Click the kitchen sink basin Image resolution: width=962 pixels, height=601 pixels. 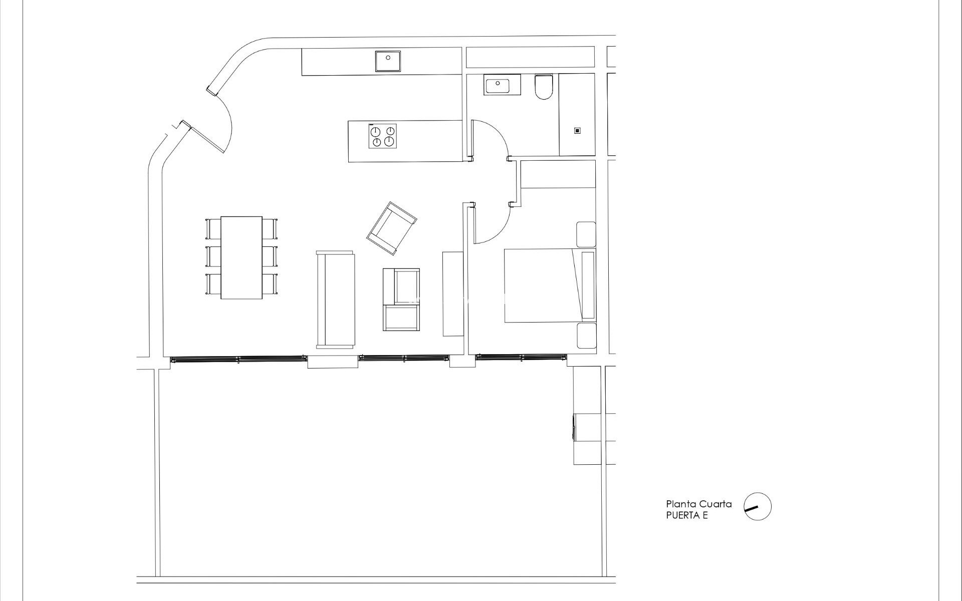click(x=388, y=61)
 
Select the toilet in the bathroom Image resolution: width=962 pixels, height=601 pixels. click(x=543, y=87)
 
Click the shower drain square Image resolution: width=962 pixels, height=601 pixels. click(x=577, y=131)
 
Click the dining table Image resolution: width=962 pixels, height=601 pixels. click(x=242, y=258)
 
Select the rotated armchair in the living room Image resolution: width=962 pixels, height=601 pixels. click(x=392, y=228)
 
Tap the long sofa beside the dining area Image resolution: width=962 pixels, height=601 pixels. click(x=335, y=299)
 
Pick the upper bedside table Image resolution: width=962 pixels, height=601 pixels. click(x=586, y=234)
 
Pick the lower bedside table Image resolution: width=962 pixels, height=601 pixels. click(x=586, y=336)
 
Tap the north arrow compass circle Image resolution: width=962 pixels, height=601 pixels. click(x=757, y=506)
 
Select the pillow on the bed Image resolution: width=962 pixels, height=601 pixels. click(x=587, y=285)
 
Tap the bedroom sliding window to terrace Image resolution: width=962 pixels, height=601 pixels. click(x=521, y=358)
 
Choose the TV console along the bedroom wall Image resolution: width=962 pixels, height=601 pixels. click(x=453, y=293)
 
